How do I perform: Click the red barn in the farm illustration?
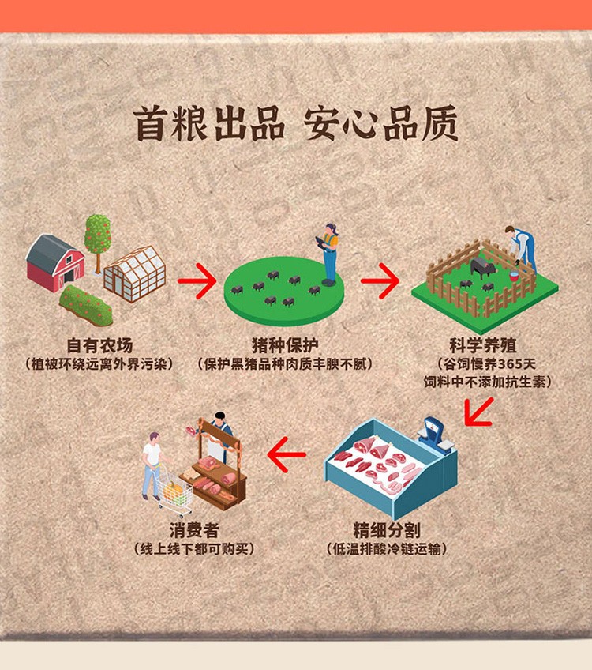click(x=53, y=262)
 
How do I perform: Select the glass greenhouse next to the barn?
click(x=136, y=273)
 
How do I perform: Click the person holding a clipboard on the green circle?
click(x=328, y=253)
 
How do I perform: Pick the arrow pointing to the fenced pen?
click(x=380, y=280)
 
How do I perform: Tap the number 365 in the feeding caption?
click(x=516, y=364)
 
